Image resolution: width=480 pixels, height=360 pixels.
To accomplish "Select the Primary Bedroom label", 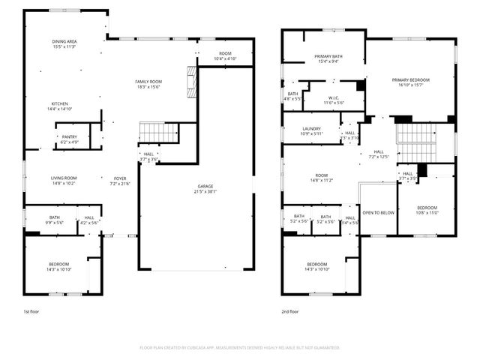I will coord(410,81).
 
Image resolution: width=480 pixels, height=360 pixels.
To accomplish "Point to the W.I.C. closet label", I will coord(333,100).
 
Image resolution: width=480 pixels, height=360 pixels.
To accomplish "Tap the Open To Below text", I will coord(378,212).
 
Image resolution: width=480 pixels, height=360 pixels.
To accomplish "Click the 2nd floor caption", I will coord(290,311).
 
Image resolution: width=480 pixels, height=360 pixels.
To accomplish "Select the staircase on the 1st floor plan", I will coord(157,133).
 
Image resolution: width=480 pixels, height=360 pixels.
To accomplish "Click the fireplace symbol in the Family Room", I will coord(190,77).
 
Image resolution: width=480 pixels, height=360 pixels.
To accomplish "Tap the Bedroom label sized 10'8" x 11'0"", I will coord(427,209).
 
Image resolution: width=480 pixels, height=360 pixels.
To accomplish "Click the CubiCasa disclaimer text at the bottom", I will coord(240,347).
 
